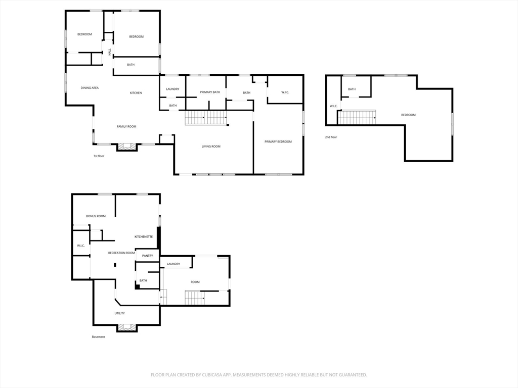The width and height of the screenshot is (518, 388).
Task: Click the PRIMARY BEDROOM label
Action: [278, 141]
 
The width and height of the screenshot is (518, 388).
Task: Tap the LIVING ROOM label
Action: [211, 147]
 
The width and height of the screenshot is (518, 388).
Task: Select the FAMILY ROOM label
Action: [126, 127]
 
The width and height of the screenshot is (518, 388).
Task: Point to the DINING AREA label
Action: [90, 88]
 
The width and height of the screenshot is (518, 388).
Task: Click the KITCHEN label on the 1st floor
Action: [136, 93]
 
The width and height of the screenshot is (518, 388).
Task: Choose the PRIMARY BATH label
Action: [210, 92]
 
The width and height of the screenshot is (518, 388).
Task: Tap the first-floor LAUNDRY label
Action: [173, 89]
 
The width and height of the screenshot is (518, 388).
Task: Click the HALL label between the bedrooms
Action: [110, 52]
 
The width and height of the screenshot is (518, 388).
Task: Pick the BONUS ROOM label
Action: [96, 216]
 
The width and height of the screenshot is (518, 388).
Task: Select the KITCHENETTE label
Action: [144, 236]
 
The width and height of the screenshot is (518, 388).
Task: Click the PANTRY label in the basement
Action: [148, 256]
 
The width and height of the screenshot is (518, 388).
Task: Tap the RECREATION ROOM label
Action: [121, 253]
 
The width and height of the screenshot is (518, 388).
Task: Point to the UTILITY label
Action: [119, 313]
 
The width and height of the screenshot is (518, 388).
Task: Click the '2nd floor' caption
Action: [331, 137]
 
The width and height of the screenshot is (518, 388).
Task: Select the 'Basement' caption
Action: [99, 337]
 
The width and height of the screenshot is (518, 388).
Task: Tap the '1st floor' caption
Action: [99, 156]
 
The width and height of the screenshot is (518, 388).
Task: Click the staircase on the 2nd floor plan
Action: [357, 117]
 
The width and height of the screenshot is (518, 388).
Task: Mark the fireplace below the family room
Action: [127, 147]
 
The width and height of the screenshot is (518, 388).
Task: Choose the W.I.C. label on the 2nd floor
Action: [334, 106]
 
